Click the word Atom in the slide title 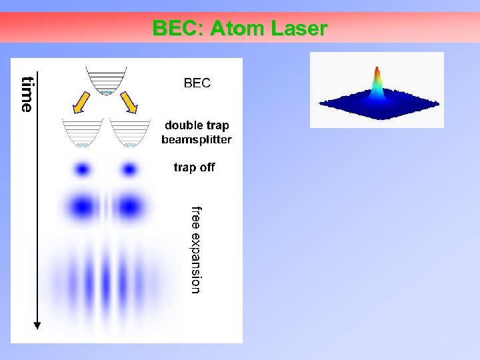coord(236,29)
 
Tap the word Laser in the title coord(299,29)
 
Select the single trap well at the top coord(105,81)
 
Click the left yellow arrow coord(82,103)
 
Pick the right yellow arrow coord(129,103)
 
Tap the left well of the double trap coord(82,133)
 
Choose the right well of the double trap coord(131,133)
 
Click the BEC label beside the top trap coord(197,83)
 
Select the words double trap coord(197,126)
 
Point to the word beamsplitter coord(197,140)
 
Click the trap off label coord(194,167)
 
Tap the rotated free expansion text coord(195,249)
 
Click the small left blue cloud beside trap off coord(82,169)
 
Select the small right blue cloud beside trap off coord(129,169)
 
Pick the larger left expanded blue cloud coord(82,206)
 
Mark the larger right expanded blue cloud coord(129,206)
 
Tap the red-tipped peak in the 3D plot coord(377,73)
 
